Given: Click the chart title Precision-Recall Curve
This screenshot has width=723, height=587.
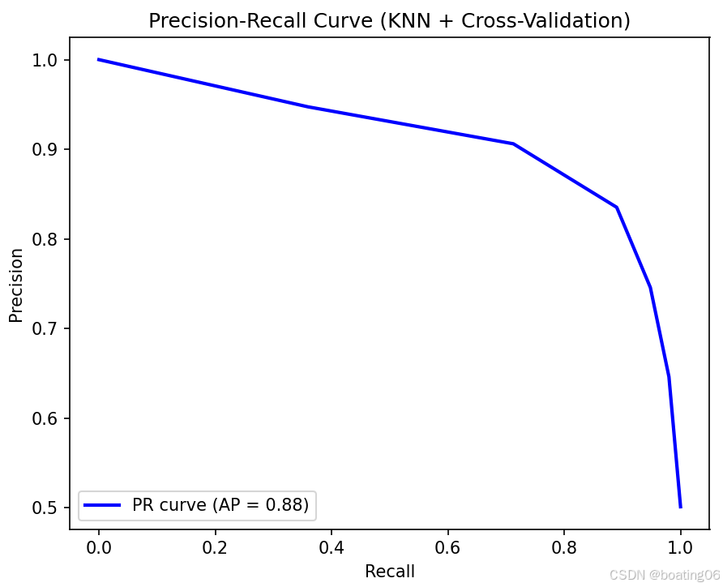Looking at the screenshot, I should tap(389, 21).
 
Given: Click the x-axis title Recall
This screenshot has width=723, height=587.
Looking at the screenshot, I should tap(390, 572).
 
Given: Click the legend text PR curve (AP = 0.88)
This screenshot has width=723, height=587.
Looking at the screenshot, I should tap(220, 505).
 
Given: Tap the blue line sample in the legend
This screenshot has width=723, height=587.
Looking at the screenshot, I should tap(103, 505).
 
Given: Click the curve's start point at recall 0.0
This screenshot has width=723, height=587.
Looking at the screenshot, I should tap(99, 59).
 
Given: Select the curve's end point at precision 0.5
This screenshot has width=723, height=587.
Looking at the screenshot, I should tap(681, 507).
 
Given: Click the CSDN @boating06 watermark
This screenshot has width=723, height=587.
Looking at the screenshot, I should tap(665, 575).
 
